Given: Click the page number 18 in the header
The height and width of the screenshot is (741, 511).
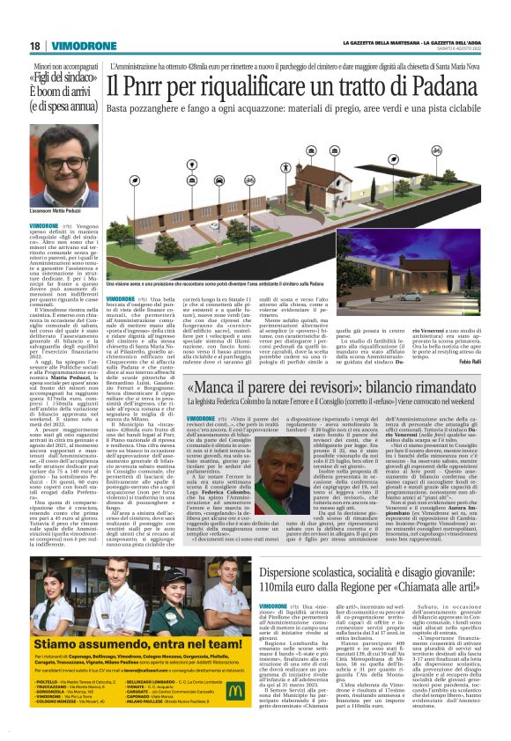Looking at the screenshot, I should click(33, 45).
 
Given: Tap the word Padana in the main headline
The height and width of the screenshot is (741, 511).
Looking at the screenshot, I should click(458, 85).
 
